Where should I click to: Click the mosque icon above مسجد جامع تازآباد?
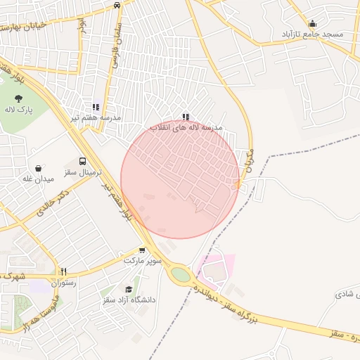click(x=312, y=23)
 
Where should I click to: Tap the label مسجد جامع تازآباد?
click(x=312, y=34)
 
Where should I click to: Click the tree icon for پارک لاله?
click(x=19, y=98)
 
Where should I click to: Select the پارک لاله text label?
click(x=19, y=110)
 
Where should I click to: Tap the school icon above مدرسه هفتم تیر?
click(x=96, y=107)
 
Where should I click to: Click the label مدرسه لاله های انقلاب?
click(x=186, y=128)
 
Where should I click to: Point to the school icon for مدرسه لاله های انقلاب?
click(x=186, y=117)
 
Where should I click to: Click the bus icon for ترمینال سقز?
click(x=83, y=161)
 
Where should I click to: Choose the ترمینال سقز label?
click(x=83, y=172)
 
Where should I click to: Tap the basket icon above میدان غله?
click(x=38, y=168)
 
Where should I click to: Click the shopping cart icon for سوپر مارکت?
click(x=143, y=250)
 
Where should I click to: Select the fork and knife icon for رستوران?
click(x=63, y=271)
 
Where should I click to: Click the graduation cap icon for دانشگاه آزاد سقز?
click(x=129, y=289)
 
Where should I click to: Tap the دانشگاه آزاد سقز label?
click(x=129, y=300)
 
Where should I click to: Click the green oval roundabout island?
click(x=181, y=275)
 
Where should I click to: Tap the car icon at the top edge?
click(x=117, y=4)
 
